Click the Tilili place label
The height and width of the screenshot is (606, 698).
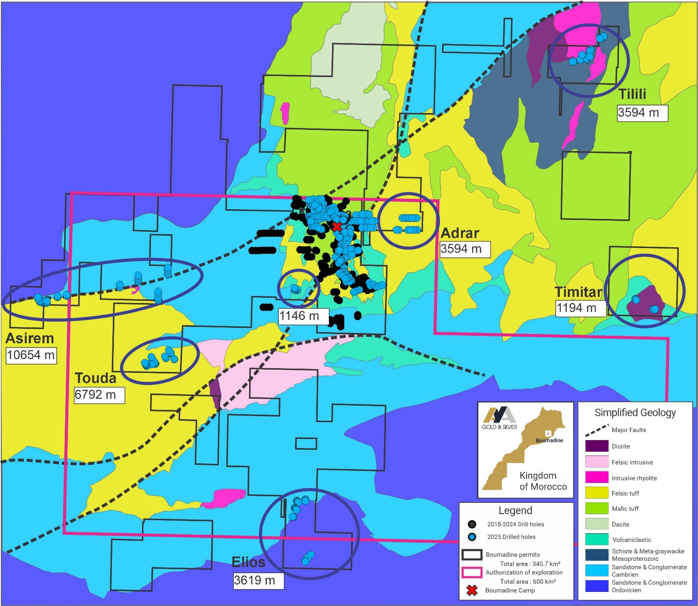point(632,94)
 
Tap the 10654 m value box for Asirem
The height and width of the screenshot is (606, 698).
point(31,355)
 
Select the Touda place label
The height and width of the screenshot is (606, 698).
point(96,378)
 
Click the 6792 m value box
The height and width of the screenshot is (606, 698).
point(99,395)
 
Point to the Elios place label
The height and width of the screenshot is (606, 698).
point(248,562)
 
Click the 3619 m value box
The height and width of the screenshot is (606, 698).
point(258,581)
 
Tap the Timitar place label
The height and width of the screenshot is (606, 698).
point(578,292)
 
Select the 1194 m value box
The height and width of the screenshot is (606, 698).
point(580,308)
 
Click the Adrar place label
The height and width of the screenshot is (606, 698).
point(460,233)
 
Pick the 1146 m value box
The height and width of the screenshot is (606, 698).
point(303,316)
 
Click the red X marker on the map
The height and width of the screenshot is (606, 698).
point(336,227)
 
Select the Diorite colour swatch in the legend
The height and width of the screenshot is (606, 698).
point(596,446)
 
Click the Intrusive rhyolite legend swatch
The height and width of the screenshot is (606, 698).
point(596,477)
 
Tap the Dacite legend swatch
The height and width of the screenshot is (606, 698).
point(596,524)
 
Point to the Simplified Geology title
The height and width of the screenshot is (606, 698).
point(635,413)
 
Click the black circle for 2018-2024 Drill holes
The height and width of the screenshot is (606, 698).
point(472,524)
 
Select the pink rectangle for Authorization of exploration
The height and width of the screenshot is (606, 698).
point(472,572)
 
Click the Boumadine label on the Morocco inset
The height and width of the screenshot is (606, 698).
point(549,440)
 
